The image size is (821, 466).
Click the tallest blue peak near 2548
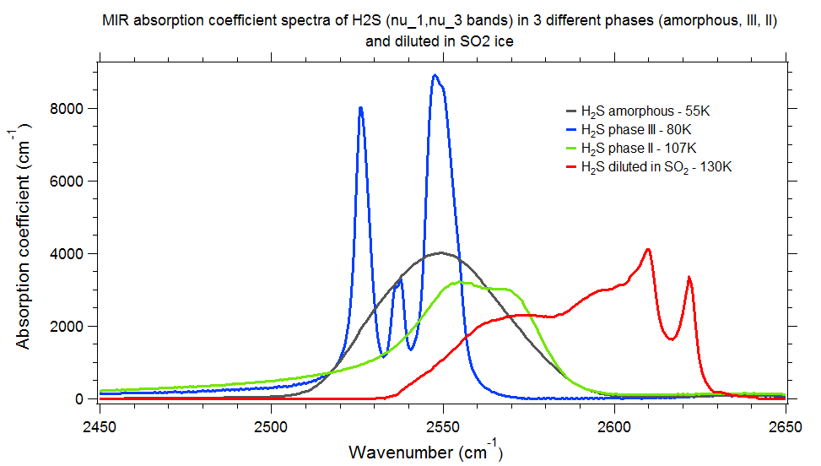pyautogui.click(x=435, y=75)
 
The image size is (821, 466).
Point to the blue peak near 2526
pyautogui.click(x=360, y=108)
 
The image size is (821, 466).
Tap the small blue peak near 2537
pyautogui.click(x=399, y=280)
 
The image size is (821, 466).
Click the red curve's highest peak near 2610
pyautogui.click(x=647, y=249)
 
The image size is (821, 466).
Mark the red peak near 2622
pyautogui.click(x=689, y=277)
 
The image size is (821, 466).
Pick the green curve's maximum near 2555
pyautogui.click(x=460, y=282)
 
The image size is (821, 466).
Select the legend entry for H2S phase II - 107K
pyautogui.click(x=638, y=149)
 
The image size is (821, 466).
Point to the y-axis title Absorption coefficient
pyautogui.click(x=25, y=253)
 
